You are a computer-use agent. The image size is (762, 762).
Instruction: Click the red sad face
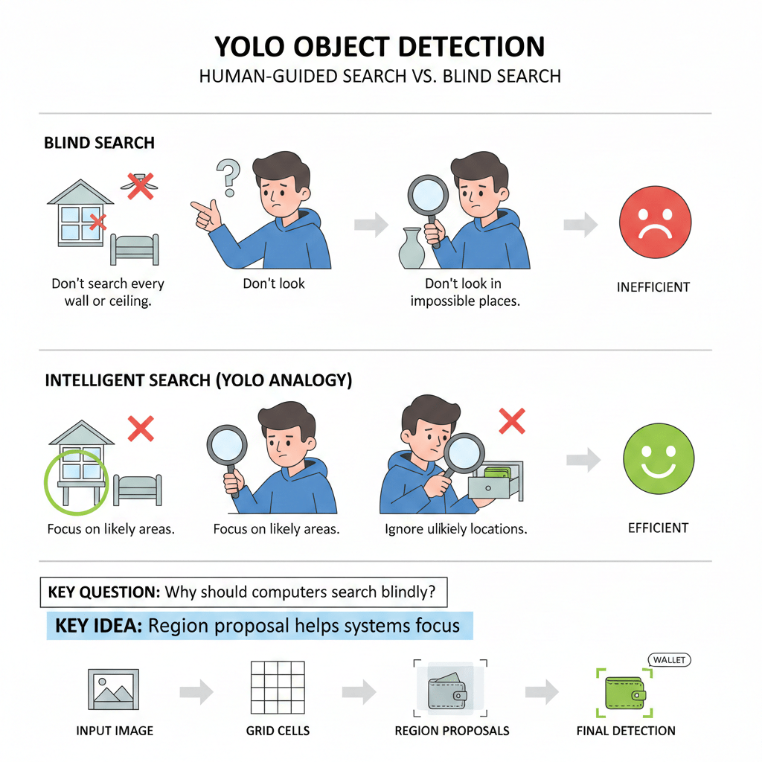coord(656,222)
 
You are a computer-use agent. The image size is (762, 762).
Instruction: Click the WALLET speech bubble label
coord(670,660)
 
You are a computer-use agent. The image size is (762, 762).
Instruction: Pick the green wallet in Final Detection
coord(624,692)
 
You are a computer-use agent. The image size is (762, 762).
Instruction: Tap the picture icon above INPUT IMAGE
coord(114,690)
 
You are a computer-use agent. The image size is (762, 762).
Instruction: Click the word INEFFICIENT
coord(653,286)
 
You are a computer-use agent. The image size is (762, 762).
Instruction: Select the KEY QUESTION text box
coord(243,593)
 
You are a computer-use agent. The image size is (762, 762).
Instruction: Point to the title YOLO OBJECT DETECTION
coord(380,46)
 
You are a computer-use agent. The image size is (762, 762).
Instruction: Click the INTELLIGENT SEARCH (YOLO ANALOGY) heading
coord(199,380)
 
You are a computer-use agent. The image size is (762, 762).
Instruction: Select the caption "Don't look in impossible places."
coord(462,293)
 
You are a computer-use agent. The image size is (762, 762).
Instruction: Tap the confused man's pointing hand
coord(206,214)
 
